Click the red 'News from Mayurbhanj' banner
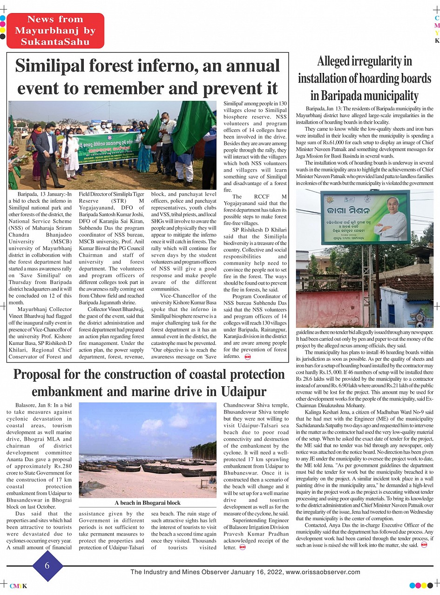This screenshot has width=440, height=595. (55, 31)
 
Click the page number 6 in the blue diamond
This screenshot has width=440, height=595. (47, 565)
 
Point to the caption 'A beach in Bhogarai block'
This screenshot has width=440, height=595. (147, 503)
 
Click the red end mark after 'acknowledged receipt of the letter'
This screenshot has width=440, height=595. (242, 548)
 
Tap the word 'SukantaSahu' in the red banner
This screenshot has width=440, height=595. (55, 42)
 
